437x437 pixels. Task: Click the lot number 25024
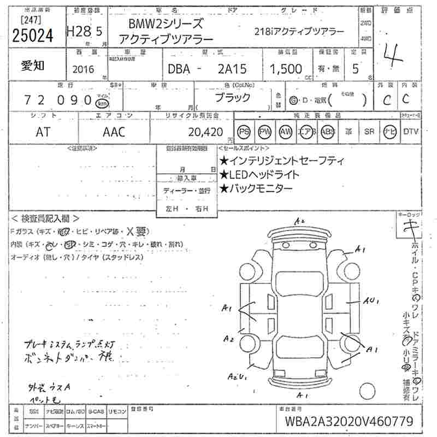point(32,35)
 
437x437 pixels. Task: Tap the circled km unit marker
point(101,103)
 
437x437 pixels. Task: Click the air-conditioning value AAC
point(114,132)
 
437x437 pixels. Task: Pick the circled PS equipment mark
point(244,132)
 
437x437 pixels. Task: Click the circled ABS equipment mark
point(326,132)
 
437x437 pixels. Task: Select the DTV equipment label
point(411,132)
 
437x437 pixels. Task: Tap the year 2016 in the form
point(82,69)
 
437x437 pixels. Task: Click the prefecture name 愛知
point(32,66)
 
